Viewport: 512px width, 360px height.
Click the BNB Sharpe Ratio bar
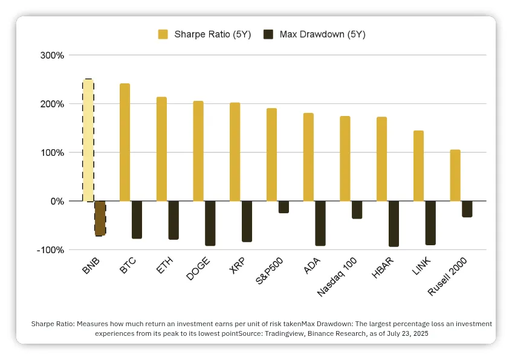point(88,140)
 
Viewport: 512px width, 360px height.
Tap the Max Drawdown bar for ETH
point(173,220)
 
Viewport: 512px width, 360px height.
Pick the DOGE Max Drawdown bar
point(210,223)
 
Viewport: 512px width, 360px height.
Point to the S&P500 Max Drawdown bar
point(284,207)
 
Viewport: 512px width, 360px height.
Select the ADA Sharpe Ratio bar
point(308,156)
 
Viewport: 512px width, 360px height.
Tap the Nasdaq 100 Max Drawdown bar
point(357,210)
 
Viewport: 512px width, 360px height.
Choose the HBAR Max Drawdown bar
point(394,223)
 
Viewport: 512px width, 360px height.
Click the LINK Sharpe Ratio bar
point(418,166)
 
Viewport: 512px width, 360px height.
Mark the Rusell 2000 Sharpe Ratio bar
point(455,175)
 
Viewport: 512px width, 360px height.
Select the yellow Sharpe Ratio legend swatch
point(163,34)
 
